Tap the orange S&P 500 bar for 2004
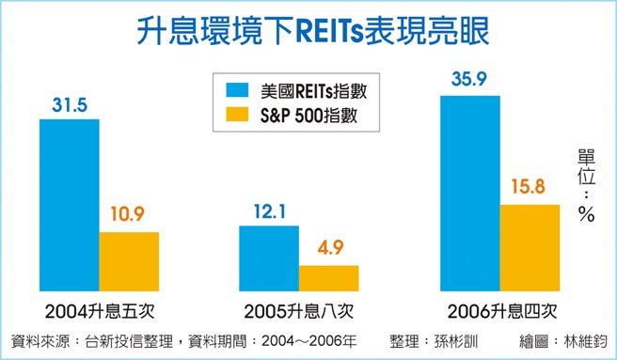(129, 261)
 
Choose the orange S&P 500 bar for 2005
(328, 278)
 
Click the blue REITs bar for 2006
(471, 193)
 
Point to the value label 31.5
(69, 104)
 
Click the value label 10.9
(129, 215)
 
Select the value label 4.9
(328, 249)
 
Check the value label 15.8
(530, 188)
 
